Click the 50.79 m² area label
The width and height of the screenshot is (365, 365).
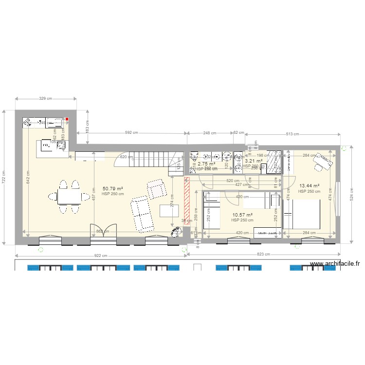[112, 188]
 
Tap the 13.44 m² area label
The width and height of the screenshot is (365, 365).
[309, 185]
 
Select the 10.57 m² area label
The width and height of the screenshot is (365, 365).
[242, 215]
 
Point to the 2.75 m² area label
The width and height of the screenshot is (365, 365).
[206, 164]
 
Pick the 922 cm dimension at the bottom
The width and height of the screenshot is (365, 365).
[100, 255]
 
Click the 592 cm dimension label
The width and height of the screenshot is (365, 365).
[129, 132]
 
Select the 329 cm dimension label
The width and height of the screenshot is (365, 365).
[46, 98]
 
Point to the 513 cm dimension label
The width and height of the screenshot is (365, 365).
[292, 134]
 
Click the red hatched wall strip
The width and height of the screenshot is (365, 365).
[186, 198]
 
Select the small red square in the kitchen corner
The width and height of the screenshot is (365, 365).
[67, 119]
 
